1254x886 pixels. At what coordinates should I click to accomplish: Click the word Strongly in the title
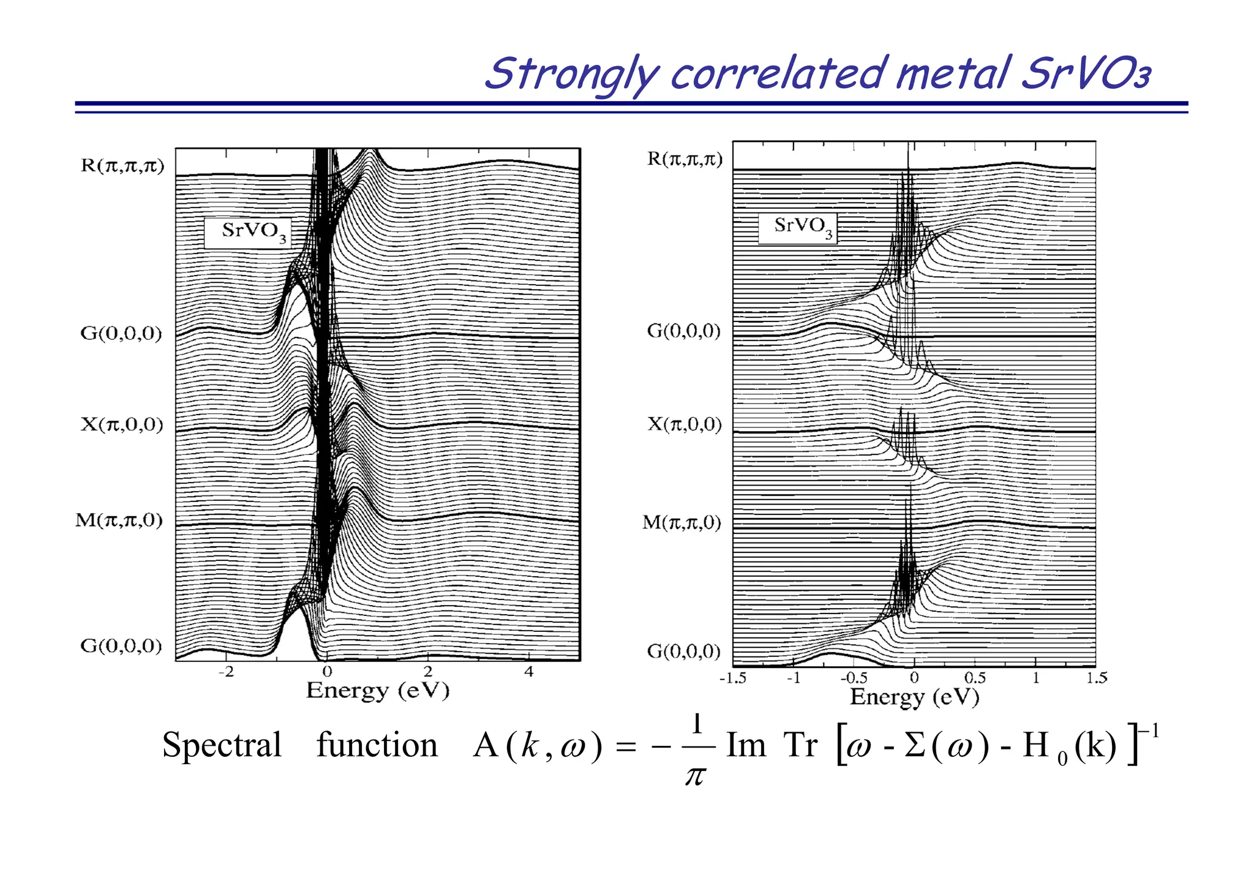coord(572,75)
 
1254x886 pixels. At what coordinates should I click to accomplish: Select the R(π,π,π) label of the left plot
coord(122,166)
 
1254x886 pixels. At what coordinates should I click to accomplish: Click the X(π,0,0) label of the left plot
coord(122,424)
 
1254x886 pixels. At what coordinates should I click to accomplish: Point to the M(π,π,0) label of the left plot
coord(119,520)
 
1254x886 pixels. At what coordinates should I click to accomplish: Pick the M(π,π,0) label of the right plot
coord(681,522)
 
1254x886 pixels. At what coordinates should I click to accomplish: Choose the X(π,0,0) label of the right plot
coord(685,424)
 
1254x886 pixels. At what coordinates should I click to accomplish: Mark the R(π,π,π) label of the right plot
coord(685,159)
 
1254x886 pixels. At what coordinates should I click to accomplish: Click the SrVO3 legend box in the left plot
coord(248,232)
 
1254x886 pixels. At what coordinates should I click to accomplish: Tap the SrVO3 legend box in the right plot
coord(798,228)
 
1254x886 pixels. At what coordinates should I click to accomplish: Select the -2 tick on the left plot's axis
coord(226,672)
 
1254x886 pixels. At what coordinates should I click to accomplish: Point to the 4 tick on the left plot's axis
coord(529,672)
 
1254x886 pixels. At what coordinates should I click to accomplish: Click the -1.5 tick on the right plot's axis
coord(732,678)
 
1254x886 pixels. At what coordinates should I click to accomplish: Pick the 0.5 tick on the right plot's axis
coord(974,678)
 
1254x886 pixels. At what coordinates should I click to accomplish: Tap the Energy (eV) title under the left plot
coord(378,691)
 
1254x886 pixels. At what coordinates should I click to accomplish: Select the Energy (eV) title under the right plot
coord(914,697)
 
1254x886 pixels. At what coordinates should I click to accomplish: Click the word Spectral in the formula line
coord(222,746)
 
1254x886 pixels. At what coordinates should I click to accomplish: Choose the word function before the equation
coord(377,745)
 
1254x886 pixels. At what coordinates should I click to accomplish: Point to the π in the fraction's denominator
coord(695,776)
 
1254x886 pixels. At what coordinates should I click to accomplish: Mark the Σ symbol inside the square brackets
coord(914,746)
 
